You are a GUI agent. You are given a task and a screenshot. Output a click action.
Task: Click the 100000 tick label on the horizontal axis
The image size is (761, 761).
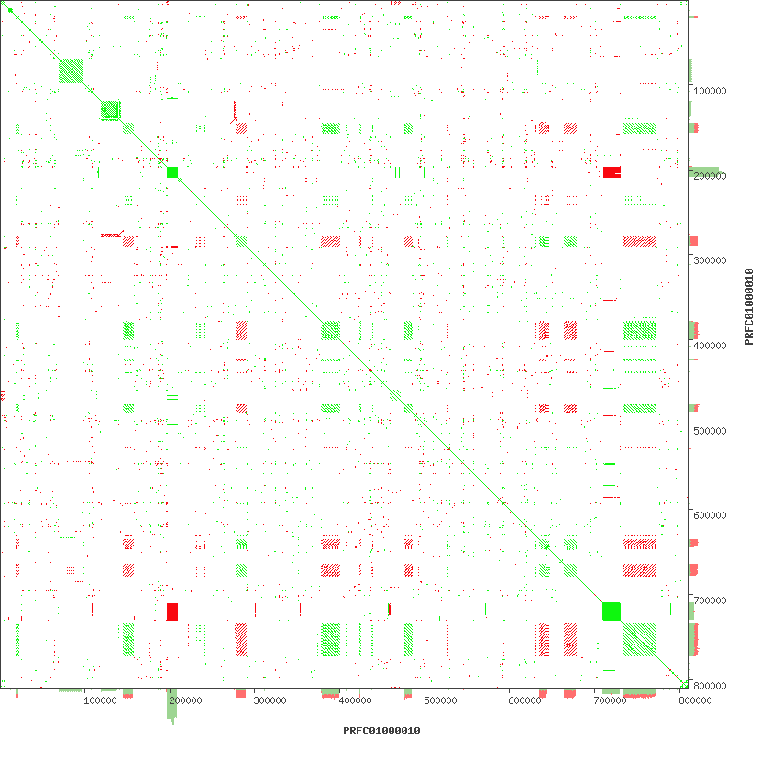point(100,701)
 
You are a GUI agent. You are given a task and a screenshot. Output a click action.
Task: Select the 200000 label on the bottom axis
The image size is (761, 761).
point(185,701)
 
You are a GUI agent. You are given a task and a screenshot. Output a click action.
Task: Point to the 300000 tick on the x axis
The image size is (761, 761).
point(270,701)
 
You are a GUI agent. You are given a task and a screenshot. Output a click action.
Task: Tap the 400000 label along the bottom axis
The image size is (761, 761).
point(355,701)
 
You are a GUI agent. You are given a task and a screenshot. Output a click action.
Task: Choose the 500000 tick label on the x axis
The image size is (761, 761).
point(440,701)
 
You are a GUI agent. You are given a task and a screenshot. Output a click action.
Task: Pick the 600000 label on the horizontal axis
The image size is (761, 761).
point(524,701)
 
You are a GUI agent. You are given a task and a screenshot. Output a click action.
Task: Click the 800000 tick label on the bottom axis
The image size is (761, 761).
point(695,701)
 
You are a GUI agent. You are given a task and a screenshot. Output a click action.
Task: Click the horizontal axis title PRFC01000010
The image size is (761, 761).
point(381,732)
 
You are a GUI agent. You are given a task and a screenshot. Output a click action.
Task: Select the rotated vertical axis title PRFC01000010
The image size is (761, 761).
point(748,306)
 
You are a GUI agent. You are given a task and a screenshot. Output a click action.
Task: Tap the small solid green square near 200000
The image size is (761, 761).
point(172,172)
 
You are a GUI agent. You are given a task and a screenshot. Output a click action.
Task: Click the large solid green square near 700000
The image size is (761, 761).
point(612,611)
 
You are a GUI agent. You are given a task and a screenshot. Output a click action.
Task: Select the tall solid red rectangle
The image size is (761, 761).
point(172,612)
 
